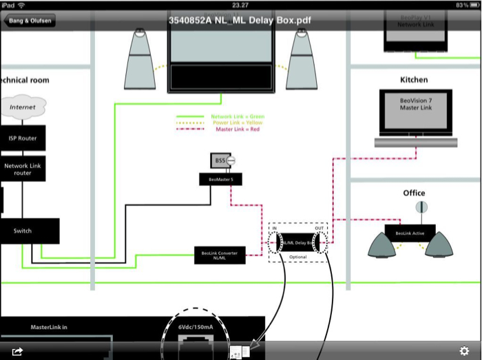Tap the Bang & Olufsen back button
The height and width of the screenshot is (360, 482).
[30, 20]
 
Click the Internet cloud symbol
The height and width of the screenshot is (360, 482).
[23, 107]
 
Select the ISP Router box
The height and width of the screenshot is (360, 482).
[23, 138]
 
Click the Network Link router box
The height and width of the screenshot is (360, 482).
[23, 168]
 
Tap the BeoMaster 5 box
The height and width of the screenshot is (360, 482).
[216, 180]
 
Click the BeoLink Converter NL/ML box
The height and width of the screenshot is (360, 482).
[220, 255]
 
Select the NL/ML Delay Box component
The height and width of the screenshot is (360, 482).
[298, 243]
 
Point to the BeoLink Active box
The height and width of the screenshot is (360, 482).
[410, 234]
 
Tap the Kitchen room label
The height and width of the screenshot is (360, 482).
[414, 80]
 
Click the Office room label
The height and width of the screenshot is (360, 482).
[414, 193]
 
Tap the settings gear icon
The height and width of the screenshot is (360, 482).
[465, 350]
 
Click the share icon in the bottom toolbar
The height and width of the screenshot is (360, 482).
[17, 351]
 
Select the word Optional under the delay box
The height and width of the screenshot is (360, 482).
[297, 256]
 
